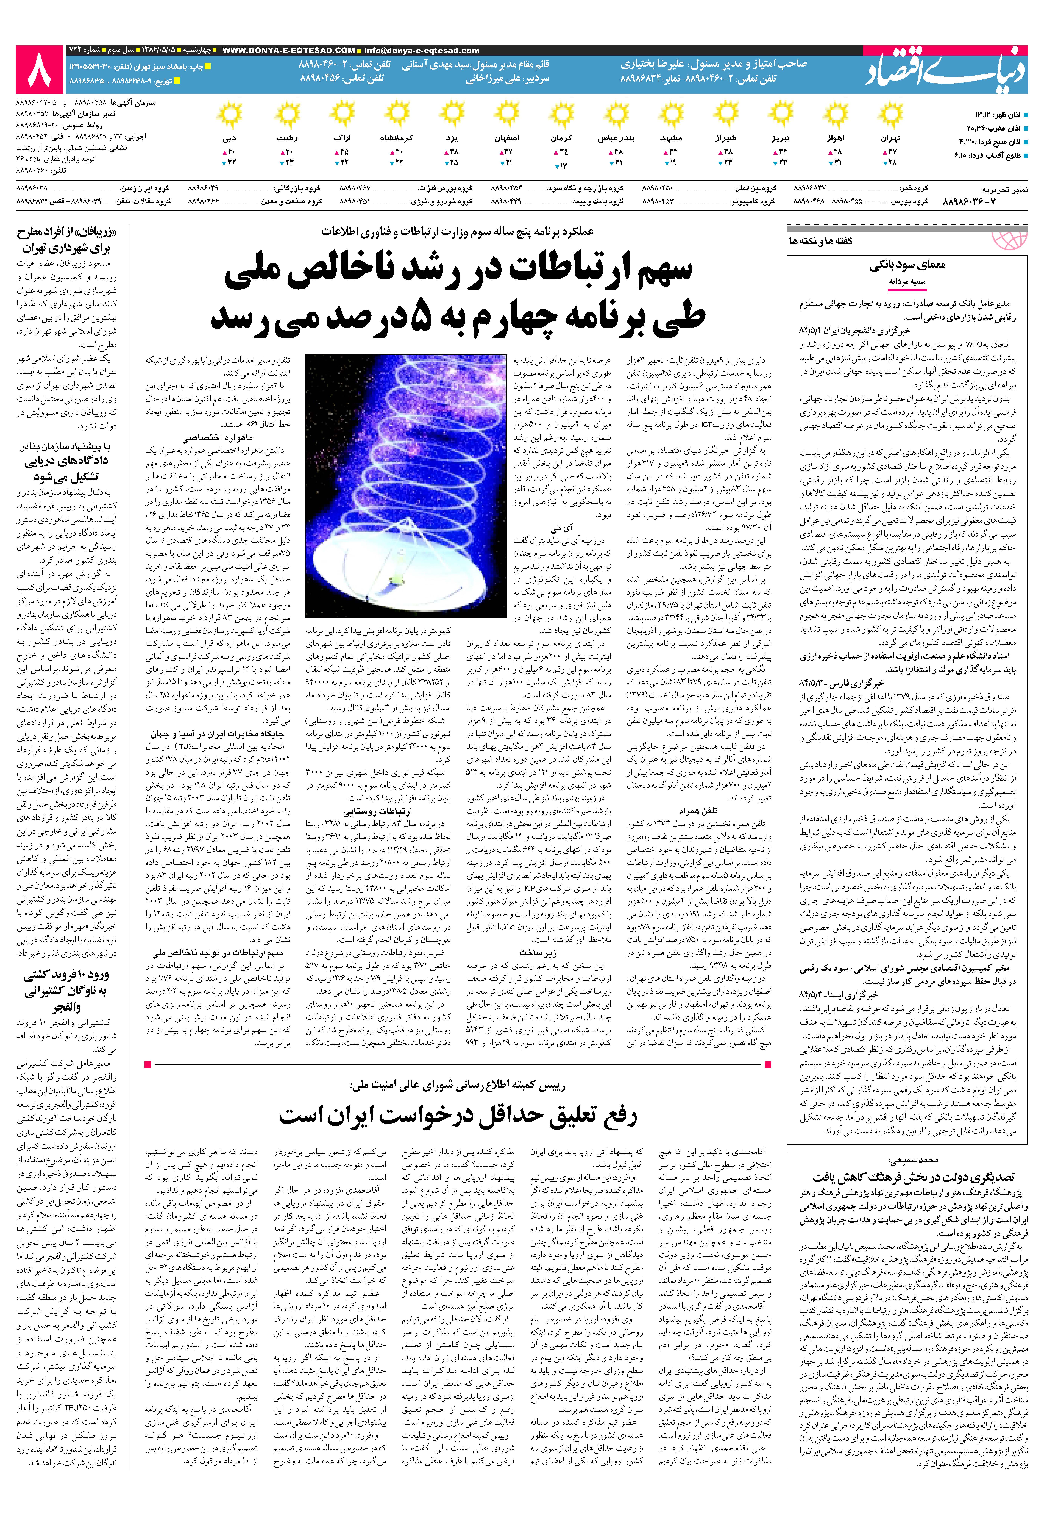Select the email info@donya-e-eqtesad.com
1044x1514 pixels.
[x=422, y=50]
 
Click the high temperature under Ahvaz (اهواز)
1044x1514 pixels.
[x=836, y=151]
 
